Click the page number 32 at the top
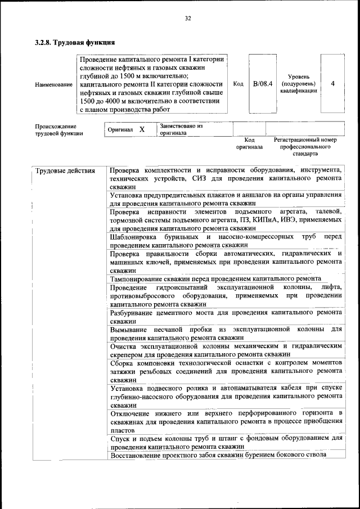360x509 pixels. (188, 19)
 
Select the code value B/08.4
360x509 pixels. (262, 84)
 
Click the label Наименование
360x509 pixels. (53, 84)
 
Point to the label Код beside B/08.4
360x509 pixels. (238, 84)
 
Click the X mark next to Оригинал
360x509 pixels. (142, 129)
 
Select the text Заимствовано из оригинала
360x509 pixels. (181, 129)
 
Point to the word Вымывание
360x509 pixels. (129, 328)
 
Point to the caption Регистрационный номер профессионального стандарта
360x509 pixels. (305, 146)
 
